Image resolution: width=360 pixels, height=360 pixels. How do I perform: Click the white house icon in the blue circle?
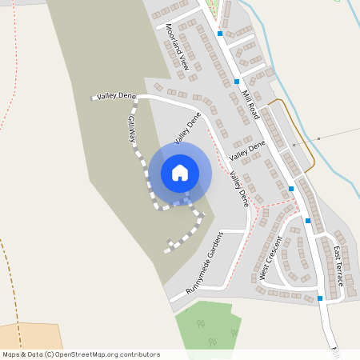180,173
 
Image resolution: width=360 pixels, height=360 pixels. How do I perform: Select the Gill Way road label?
132,128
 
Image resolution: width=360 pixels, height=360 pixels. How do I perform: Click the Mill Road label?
250,105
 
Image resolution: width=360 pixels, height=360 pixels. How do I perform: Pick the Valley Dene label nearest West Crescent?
238,189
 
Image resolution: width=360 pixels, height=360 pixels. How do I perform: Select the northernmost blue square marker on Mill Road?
219,34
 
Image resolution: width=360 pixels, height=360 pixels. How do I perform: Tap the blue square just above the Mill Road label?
238,82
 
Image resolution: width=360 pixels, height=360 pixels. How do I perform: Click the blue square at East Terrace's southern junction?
320,298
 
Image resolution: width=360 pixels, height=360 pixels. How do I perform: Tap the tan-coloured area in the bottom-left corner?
24,336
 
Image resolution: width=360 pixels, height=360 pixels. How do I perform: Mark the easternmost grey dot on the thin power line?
318,139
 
